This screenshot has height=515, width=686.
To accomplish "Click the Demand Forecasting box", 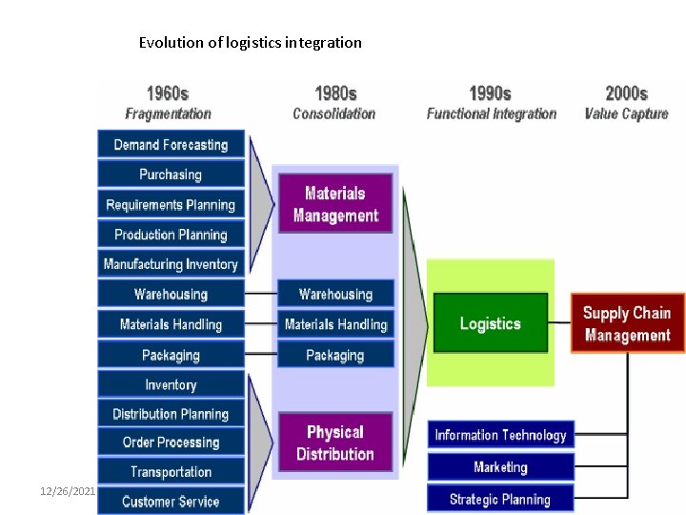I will coord(171,145).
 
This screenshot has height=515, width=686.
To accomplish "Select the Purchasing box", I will coord(171,175).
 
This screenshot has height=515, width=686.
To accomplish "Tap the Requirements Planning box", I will coord(171,205).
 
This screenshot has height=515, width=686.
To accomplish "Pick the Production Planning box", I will coord(171,235).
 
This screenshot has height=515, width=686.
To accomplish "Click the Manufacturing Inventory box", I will coord(171,264).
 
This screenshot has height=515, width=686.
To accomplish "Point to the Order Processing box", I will coord(171,443).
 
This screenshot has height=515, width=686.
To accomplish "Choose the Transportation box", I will coord(171,472).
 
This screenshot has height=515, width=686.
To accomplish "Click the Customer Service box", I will coord(171,502).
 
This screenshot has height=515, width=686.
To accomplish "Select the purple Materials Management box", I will coord(335,203).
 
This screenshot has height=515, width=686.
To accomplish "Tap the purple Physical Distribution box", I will coord(335,443).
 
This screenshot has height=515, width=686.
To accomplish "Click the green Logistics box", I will coord(491,323).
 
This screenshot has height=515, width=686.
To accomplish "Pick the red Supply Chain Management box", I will coord(627,323).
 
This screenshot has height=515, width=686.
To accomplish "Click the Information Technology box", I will coord(500,435).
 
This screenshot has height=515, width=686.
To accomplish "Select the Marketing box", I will coord(500,467).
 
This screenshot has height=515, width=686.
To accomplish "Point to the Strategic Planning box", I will coord(500,499).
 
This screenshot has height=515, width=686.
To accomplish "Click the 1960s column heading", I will coord(168,93).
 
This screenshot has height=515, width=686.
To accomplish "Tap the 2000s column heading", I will coord(626,93).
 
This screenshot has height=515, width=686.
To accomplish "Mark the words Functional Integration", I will coord(492,113).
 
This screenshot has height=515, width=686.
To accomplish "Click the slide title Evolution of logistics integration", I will coord(251,42).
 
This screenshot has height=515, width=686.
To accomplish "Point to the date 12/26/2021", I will coord(68,490).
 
